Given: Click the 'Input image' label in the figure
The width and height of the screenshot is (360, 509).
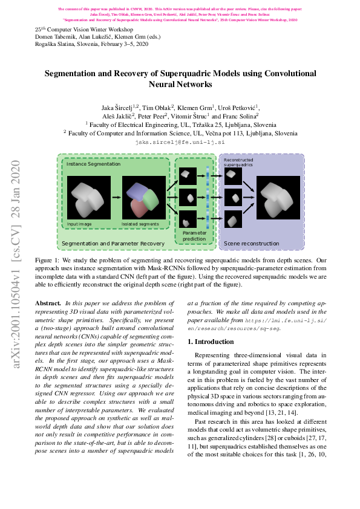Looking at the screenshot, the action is tap(80, 223).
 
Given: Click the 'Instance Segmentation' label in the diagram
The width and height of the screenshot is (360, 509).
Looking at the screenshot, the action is tap(90, 164).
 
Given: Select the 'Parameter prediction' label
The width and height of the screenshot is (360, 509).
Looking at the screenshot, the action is tap(194, 236).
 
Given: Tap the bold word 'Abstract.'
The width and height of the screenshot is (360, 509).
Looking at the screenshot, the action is tap(48, 302).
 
